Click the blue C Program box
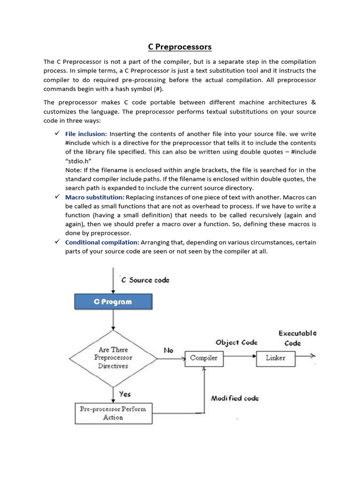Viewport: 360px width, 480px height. [x=113, y=301]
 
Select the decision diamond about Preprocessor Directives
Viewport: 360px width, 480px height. [x=113, y=358]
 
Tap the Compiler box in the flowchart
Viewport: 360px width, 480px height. [x=203, y=358]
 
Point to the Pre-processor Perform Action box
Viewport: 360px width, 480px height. [x=112, y=413]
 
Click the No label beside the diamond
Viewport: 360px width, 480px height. [x=169, y=350]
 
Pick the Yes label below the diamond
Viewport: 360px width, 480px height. [x=125, y=394]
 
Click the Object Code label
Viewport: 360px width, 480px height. [x=236, y=343]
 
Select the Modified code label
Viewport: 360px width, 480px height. [x=235, y=398]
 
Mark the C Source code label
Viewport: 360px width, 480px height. [x=145, y=280]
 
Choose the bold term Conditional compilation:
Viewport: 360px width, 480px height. [x=102, y=242]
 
